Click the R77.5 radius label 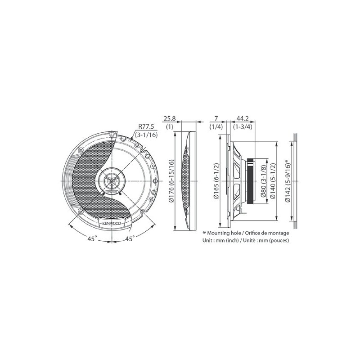coord(146,126)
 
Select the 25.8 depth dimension coord(170,118)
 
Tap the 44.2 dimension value coord(243,118)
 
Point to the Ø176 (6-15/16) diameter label coord(172,181)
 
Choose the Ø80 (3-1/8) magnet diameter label coord(263,181)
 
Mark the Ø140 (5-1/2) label coord(273,181)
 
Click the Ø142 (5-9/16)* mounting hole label coord(288,180)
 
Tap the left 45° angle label coord(92,239)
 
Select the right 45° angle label coord(130,239)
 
